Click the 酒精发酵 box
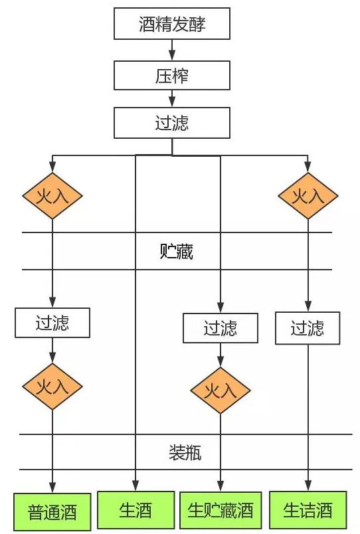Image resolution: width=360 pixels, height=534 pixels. tap(172, 25)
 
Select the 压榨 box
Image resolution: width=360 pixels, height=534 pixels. tap(172, 75)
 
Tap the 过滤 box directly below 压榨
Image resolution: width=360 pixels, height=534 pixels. tap(172, 124)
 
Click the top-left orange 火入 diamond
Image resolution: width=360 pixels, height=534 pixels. tap(52, 195)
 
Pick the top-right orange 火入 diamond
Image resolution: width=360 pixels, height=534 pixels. tap(308, 195)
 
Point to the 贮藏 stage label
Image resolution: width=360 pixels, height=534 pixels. tap(177, 252)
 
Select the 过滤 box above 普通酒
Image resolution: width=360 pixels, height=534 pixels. tap(52, 323)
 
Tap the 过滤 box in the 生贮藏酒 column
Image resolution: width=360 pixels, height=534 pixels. tap(221, 328)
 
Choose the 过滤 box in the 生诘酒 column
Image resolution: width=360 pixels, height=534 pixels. tap(308, 328)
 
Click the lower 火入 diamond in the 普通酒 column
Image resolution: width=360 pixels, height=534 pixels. tap(52, 387)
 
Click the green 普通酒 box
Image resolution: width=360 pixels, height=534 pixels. tap(52, 512)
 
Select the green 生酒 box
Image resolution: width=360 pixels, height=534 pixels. tap(135, 509)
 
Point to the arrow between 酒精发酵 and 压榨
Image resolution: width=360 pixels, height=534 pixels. tap(172, 50)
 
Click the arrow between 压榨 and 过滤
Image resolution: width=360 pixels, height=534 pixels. tap(172, 99)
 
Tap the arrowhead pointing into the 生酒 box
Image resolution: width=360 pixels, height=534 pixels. tap(135, 486)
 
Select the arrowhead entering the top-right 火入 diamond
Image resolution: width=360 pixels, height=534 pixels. tap(308, 167)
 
